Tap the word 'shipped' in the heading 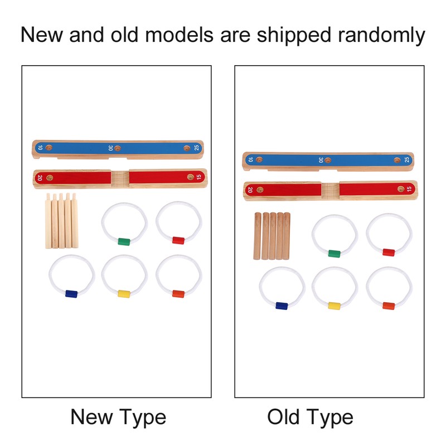pyautogui.click(x=294, y=35)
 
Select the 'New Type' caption pyautogui.click(x=118, y=418)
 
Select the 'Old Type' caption pyautogui.click(x=310, y=418)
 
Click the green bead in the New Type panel pyautogui.click(x=124, y=242)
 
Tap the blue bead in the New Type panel pyautogui.click(x=71, y=294)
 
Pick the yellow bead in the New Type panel pyautogui.click(x=124, y=294)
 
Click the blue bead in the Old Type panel pyautogui.click(x=282, y=306)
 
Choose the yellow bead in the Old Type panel pyautogui.click(x=334, y=306)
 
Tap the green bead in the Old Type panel pyautogui.click(x=334, y=254)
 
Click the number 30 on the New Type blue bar pyautogui.click(x=110, y=148)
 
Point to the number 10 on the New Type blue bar pyautogui.click(x=40, y=148)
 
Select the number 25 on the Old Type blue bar pyautogui.click(x=407, y=159)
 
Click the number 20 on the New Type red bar pyautogui.click(x=40, y=178)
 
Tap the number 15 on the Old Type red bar pyautogui.click(x=409, y=189)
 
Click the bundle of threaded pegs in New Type pyautogui.click(x=61, y=221)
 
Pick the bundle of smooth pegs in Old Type pyautogui.click(x=272, y=236)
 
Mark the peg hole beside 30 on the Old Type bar pyautogui.click(x=328, y=161)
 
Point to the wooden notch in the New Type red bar pyautogui.click(x=120, y=179)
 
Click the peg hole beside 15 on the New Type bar pyautogui.click(x=190, y=177)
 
